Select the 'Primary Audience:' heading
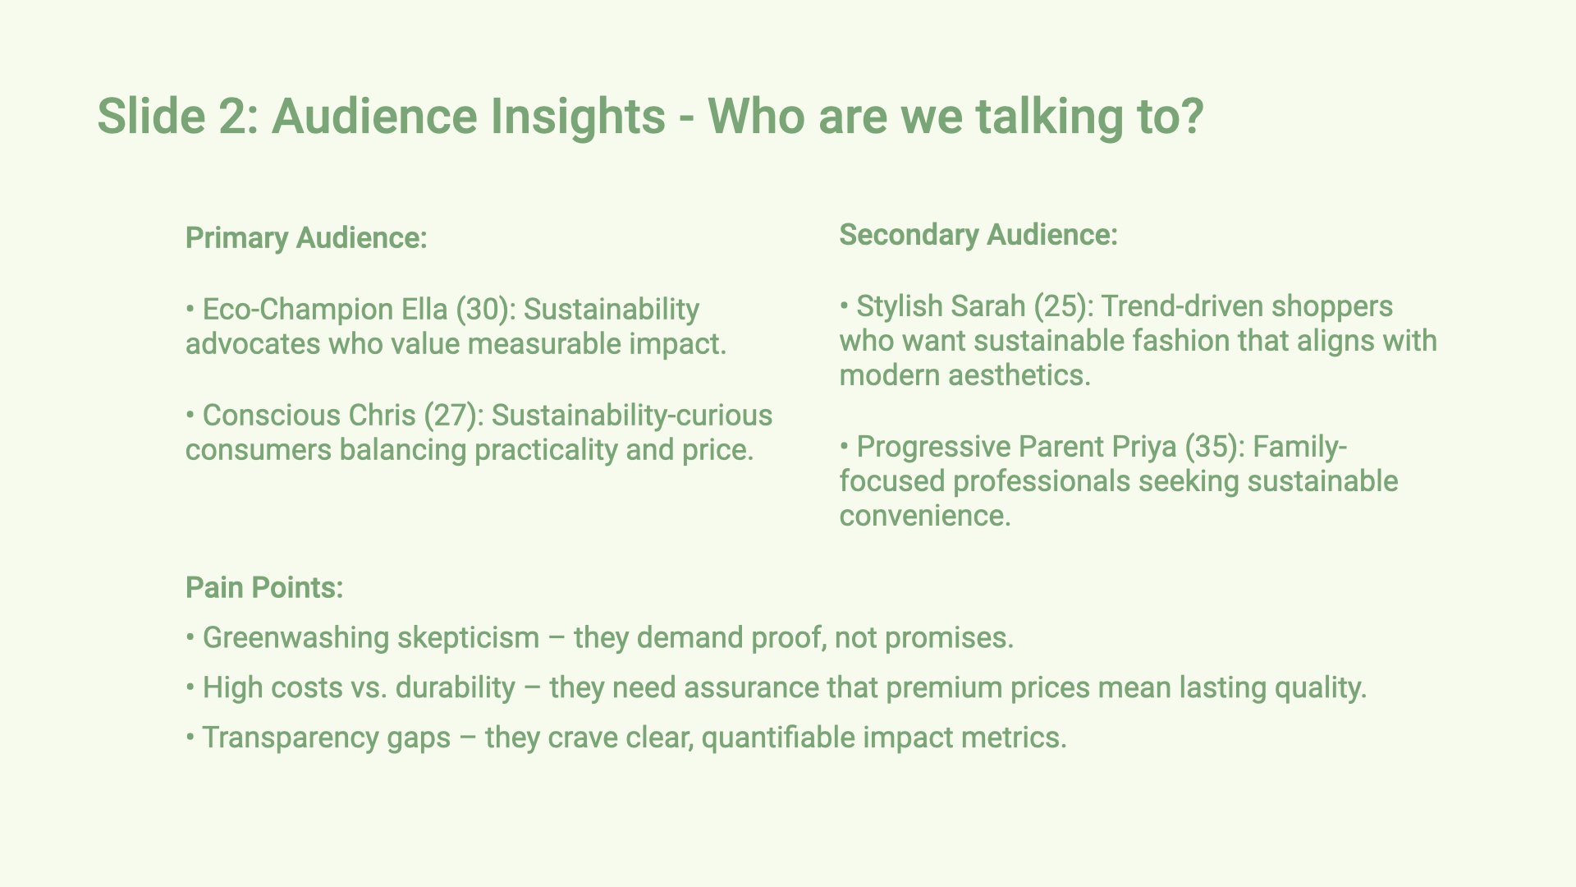[306, 238]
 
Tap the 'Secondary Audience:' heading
[978, 235]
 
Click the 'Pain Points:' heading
[264, 588]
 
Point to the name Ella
[424, 310]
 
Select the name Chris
[382, 416]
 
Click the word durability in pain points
[456, 688]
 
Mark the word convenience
[925, 517]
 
